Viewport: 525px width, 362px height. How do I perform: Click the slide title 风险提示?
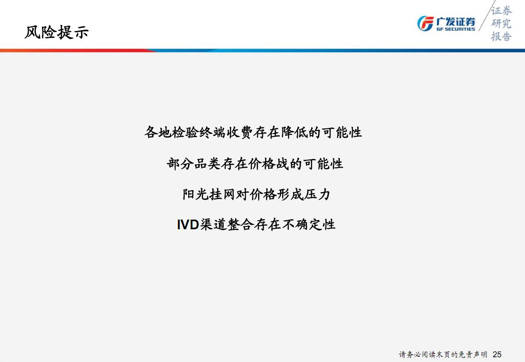tap(56, 32)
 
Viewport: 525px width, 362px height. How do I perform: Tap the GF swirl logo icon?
tap(425, 24)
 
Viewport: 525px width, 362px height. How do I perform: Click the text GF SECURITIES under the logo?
tap(456, 29)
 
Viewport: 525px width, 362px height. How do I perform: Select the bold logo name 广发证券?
tap(456, 21)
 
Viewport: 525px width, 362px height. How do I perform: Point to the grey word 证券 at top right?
tap(501, 10)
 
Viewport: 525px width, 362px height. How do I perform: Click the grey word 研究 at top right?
tap(501, 24)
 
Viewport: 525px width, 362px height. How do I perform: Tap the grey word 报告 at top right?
tap(501, 37)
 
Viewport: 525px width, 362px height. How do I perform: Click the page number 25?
tap(497, 354)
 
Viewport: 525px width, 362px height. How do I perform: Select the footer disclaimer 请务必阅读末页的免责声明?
tap(443, 355)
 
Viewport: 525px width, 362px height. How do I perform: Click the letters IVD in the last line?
tap(188, 225)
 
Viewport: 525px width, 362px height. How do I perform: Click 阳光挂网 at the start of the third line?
tap(209, 194)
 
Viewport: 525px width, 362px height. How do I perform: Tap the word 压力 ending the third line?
tap(317, 194)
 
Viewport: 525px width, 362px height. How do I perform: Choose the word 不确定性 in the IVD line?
tap(308, 225)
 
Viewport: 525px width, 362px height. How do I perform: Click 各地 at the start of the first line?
tap(158, 132)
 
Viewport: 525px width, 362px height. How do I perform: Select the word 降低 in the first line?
tap(294, 132)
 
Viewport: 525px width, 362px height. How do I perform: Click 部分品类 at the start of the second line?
tap(193, 164)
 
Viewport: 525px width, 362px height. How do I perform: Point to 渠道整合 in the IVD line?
tap(227, 225)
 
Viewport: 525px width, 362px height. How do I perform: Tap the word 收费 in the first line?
tap(239, 132)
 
